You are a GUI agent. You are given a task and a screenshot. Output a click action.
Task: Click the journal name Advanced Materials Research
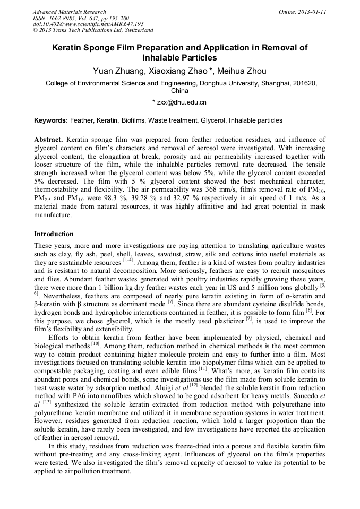click(69, 12)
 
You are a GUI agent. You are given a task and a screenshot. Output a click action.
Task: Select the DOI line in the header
click(88, 24)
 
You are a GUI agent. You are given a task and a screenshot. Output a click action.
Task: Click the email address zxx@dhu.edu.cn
click(183, 102)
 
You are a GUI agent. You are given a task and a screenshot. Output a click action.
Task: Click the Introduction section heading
click(54, 234)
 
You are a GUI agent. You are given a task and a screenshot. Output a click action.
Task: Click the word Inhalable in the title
click(164, 57)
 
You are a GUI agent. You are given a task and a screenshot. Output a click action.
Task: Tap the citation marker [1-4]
click(128, 260)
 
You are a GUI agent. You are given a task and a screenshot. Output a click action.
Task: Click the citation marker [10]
click(96, 343)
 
